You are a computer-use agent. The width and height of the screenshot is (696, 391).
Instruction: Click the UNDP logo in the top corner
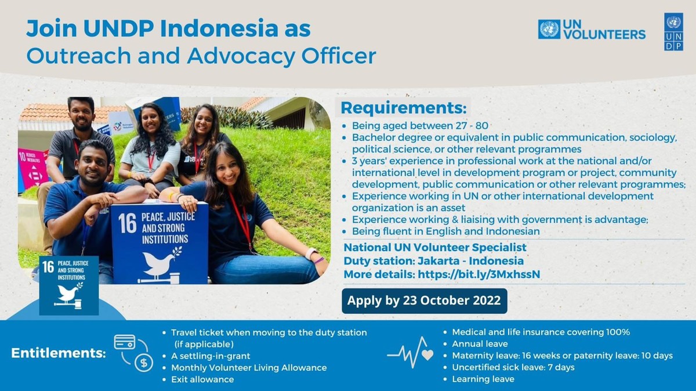673,32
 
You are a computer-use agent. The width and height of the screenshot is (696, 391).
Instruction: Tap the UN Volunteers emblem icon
549,30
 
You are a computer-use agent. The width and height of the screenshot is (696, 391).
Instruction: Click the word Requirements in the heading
404,108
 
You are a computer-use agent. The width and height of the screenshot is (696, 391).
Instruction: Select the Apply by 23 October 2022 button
425,301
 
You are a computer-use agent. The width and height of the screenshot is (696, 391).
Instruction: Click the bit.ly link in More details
479,274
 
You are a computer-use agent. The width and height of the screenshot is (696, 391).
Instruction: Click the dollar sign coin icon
144,363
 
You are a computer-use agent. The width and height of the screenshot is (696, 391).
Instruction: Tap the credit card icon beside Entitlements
125,342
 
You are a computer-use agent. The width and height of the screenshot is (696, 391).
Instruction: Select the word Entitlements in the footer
59,353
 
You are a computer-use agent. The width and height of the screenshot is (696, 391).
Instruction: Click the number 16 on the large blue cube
127,223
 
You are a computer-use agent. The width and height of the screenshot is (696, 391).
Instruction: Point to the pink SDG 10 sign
32,168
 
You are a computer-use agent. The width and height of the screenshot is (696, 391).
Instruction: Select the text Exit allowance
202,379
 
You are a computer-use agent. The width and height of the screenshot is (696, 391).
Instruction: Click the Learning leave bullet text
483,379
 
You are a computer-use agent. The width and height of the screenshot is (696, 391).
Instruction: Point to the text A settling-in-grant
211,356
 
